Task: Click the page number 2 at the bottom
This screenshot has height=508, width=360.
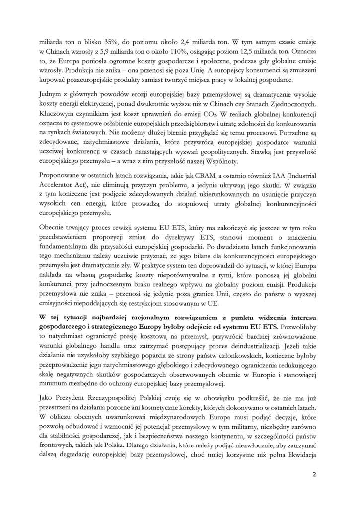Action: click(x=314, y=486)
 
